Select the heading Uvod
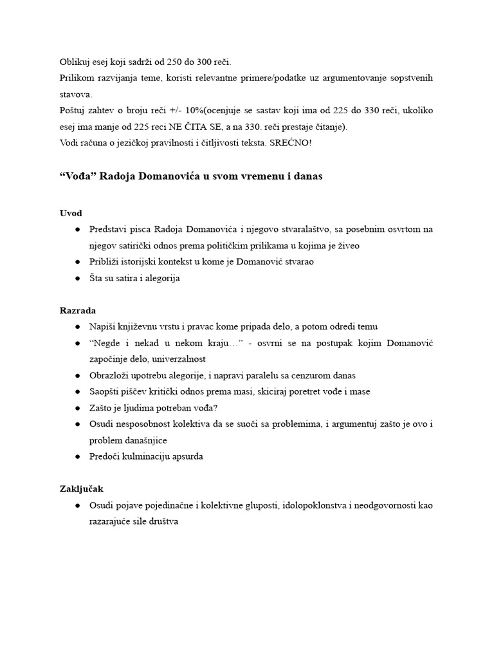click(70, 213)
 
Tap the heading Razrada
click(77, 310)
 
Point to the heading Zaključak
click(81, 489)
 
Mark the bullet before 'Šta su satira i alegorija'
click(77, 279)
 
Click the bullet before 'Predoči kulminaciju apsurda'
click(77, 457)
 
